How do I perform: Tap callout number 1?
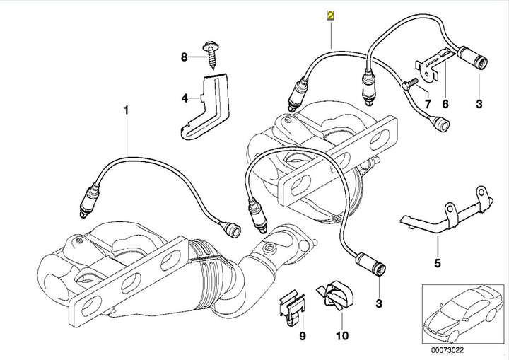tap(127, 110)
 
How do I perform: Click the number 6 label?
tap(445, 104)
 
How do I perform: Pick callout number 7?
tap(426, 104)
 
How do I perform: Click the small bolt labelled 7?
tap(409, 86)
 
